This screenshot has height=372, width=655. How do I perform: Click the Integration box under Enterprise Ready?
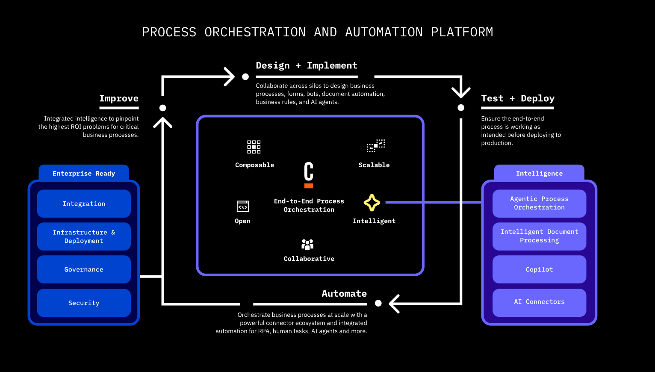point(84,204)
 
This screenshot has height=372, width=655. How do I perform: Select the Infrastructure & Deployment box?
point(84,236)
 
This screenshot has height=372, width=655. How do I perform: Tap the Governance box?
point(84,269)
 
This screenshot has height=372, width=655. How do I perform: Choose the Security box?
point(84,303)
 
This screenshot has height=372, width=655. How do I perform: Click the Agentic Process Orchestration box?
point(539,203)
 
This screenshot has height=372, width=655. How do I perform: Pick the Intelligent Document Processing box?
point(539,236)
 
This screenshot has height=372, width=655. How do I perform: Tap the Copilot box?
point(539,269)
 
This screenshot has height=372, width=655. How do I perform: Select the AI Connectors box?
point(539,302)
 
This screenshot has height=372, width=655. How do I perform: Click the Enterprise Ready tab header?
point(84,173)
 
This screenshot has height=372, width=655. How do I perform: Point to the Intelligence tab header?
point(539,173)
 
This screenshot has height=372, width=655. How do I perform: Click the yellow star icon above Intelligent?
point(372,203)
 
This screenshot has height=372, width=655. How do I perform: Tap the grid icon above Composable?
point(254,147)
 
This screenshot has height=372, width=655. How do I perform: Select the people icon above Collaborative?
point(307,244)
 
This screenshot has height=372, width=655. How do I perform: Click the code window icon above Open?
point(243,207)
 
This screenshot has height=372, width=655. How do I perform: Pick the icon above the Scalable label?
point(376,146)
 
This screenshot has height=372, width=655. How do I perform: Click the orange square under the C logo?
point(309,186)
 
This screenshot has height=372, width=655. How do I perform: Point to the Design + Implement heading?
point(307,65)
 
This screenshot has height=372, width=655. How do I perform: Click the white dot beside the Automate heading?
point(378,303)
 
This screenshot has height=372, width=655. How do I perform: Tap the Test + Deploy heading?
point(518,98)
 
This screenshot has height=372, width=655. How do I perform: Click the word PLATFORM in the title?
point(462,32)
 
